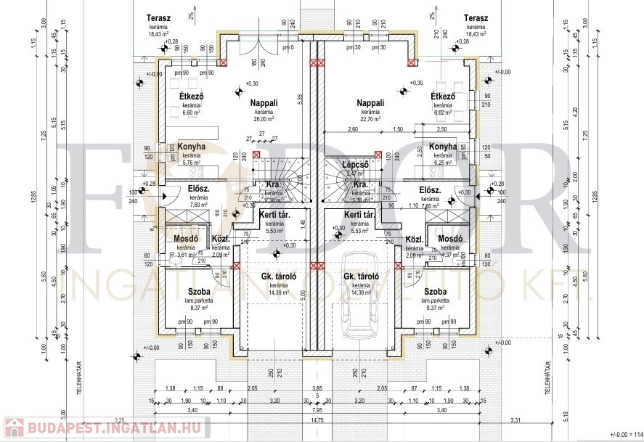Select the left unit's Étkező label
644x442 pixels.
(x=192, y=97)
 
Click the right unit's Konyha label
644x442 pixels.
(x=443, y=147)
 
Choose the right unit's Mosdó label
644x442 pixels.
(x=451, y=239)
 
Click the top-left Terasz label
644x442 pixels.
(x=158, y=18)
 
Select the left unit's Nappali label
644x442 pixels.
(x=264, y=103)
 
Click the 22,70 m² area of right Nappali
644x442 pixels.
(x=370, y=119)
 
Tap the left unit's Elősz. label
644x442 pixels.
(x=199, y=190)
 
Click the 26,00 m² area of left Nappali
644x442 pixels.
(x=263, y=119)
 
